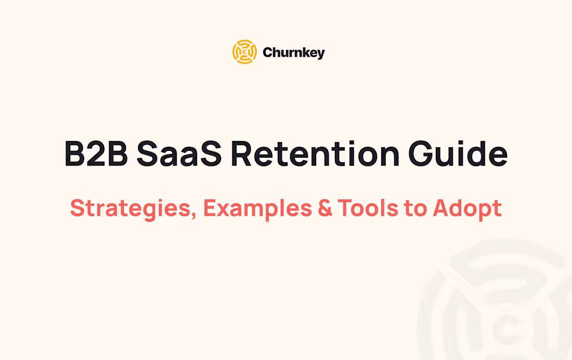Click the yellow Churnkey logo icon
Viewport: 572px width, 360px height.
(x=244, y=52)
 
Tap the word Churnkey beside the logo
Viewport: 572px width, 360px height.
(x=294, y=53)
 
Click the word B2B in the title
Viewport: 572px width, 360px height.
(x=96, y=153)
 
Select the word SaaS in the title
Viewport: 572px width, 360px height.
(x=179, y=153)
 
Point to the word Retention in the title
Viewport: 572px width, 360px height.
(x=315, y=153)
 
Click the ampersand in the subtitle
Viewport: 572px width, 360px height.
(x=325, y=208)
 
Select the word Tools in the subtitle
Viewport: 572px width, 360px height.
(x=367, y=208)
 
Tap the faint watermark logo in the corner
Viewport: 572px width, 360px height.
(x=499, y=307)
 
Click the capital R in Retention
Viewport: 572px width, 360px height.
(x=242, y=153)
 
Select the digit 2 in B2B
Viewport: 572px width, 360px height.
(x=96, y=153)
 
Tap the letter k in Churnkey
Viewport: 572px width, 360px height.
(x=302, y=53)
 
